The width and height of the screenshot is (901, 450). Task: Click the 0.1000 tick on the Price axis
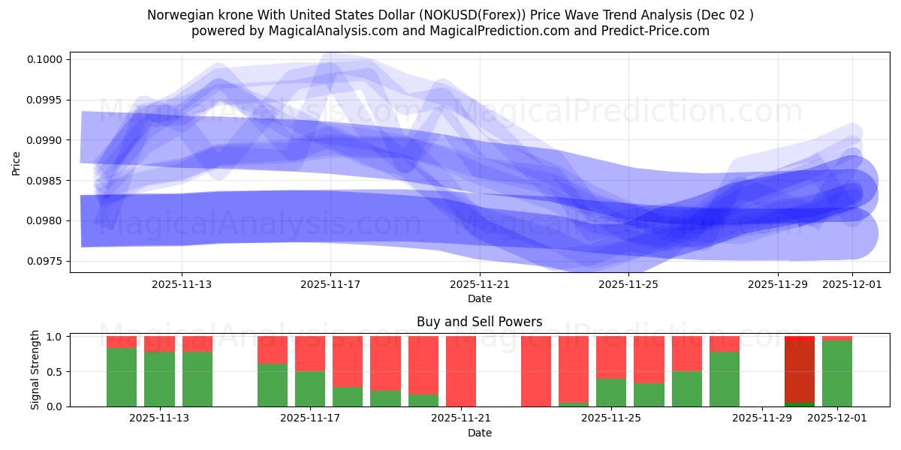pos(48,59)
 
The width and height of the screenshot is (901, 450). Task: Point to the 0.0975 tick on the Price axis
pos(48,261)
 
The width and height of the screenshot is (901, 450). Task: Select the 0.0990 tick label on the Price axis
pos(48,140)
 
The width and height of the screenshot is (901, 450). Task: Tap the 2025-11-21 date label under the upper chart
pos(480,284)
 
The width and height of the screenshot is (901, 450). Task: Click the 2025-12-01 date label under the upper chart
pos(852,284)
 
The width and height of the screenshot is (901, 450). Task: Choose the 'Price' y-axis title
pos(17,162)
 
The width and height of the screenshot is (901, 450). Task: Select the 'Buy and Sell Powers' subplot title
pos(479,322)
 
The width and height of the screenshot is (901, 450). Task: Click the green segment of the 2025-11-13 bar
pos(159,379)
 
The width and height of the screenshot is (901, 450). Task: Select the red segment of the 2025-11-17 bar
pos(310,353)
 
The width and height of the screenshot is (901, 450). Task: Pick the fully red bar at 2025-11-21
pos(461,371)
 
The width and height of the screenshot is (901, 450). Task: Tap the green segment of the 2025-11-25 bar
pos(611,392)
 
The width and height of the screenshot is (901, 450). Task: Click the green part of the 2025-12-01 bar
pos(837,373)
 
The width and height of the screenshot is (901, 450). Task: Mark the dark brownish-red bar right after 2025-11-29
pos(800,371)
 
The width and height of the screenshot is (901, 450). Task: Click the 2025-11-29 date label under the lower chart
pos(761,418)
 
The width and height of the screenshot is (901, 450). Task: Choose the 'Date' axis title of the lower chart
pos(479,433)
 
